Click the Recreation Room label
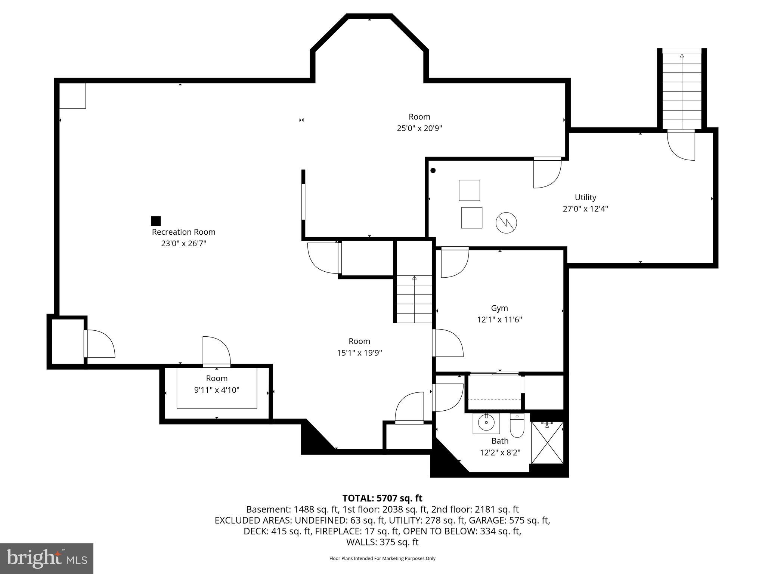(x=183, y=232)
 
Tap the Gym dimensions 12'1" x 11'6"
(x=499, y=320)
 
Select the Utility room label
(x=585, y=197)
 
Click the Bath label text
(x=500, y=441)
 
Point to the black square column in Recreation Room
(x=156, y=221)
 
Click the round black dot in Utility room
(x=433, y=171)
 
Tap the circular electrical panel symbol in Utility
(x=506, y=223)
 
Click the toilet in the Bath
(x=517, y=427)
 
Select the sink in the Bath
(x=486, y=423)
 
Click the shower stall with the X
(x=547, y=442)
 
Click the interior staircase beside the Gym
(x=414, y=299)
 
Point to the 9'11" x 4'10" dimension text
(x=217, y=390)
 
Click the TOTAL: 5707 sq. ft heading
(x=382, y=498)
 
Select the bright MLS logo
(x=47, y=558)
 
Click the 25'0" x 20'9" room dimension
(x=419, y=128)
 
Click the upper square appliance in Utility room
(x=469, y=190)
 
